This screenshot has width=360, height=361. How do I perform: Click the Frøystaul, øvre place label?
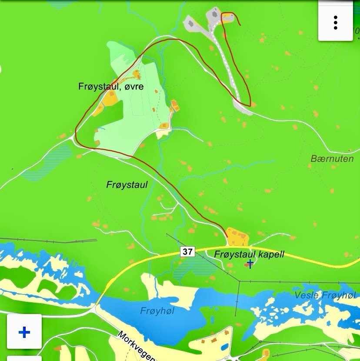pyautogui.click(x=111, y=87)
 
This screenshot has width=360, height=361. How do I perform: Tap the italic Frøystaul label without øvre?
pyautogui.click(x=127, y=185)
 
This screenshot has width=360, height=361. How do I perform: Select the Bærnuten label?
pyautogui.click(x=332, y=159)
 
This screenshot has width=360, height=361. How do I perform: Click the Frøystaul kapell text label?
pyautogui.click(x=249, y=254)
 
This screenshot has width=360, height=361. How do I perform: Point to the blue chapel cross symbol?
pyautogui.click(x=250, y=264)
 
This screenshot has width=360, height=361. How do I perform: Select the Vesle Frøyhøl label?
pyautogui.click(x=325, y=295)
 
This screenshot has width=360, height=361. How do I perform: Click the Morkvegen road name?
pyautogui.click(x=136, y=346)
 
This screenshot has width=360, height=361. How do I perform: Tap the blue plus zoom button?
pyautogui.click(x=24, y=332)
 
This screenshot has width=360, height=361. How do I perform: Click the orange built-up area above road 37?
pyautogui.click(x=237, y=237)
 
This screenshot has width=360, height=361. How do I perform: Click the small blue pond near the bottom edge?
pyautogui.click(x=224, y=347)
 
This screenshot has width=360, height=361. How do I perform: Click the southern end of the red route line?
pyautogui.click(x=227, y=236)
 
